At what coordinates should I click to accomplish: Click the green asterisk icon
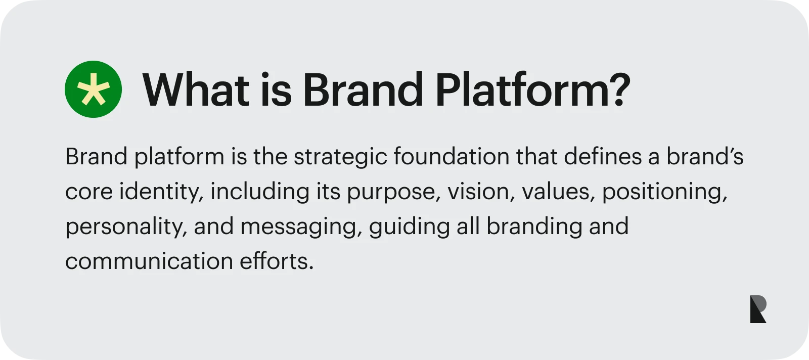click(x=93, y=89)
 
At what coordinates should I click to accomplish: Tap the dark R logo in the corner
click(x=758, y=309)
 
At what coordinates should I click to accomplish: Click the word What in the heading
click(x=196, y=89)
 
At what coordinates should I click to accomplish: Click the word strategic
click(x=341, y=157)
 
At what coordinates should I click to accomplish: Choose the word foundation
click(x=452, y=157)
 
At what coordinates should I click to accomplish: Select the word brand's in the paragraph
click(x=705, y=157)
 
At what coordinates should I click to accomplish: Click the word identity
click(x=161, y=192)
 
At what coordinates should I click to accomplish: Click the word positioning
click(x=664, y=192)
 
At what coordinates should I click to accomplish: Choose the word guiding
click(x=409, y=227)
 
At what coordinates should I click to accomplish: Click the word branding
click(x=534, y=227)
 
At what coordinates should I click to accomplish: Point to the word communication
click(x=149, y=261)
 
